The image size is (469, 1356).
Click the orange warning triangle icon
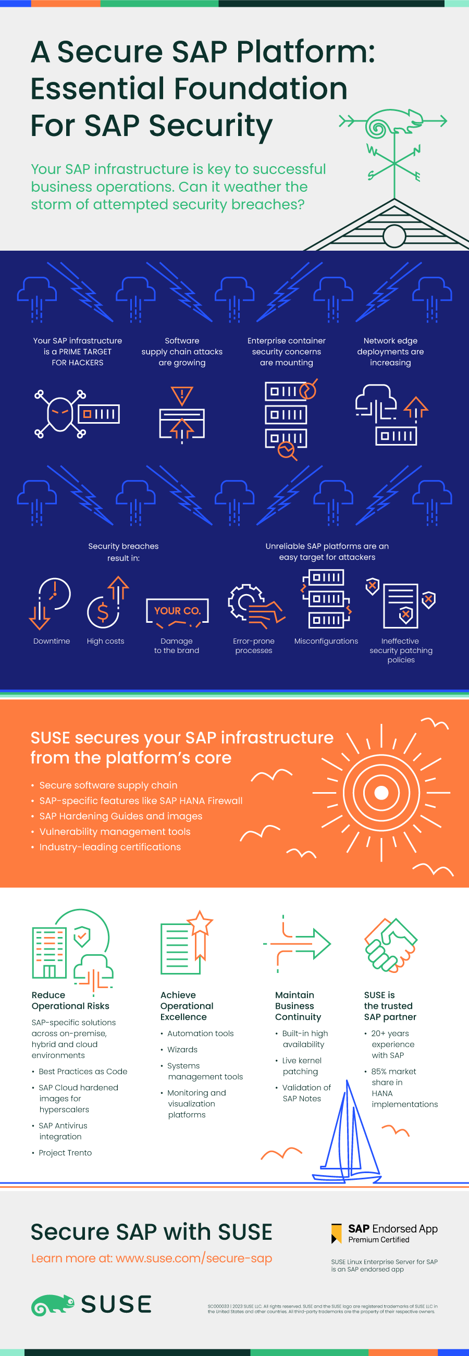click(181, 395)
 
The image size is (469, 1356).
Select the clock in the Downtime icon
click(55, 593)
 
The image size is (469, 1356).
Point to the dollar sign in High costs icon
click(103, 612)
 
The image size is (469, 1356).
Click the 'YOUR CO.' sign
click(177, 611)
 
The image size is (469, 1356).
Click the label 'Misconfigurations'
click(326, 641)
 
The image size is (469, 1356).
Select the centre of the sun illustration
click(381, 792)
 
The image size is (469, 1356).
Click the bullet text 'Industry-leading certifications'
click(110, 847)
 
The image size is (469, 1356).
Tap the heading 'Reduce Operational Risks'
click(70, 1000)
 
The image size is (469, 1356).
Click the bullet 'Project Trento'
click(65, 1153)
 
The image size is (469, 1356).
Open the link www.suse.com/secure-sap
click(193, 1258)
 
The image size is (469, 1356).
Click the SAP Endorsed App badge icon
click(336, 1234)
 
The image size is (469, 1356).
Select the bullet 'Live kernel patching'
click(301, 1066)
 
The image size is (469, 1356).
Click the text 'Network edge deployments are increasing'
click(390, 352)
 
